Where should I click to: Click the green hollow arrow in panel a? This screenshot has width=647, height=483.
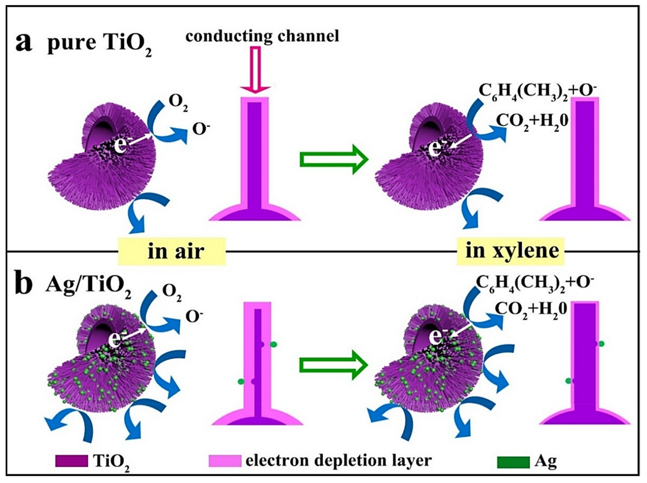[x=333, y=159]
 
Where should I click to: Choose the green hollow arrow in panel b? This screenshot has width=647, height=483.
[x=333, y=365]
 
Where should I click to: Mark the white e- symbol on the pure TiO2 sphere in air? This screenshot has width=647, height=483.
[x=121, y=146]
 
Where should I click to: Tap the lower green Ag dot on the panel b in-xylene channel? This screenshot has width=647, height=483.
[x=568, y=389]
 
